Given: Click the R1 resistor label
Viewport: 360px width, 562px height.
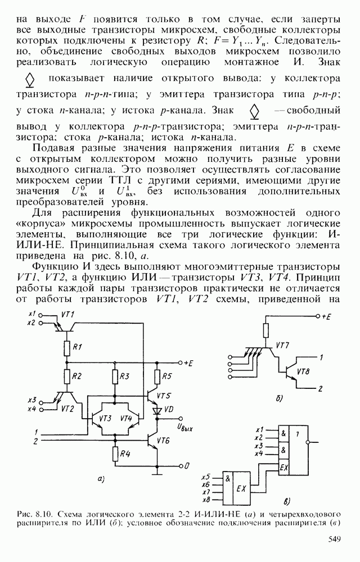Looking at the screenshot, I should point(79,346).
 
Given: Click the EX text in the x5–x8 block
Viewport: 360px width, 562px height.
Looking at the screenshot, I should point(241,487).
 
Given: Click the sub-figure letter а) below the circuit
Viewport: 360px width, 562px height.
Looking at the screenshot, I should point(101,479).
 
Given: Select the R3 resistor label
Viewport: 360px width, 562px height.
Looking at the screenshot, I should point(125,375).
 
